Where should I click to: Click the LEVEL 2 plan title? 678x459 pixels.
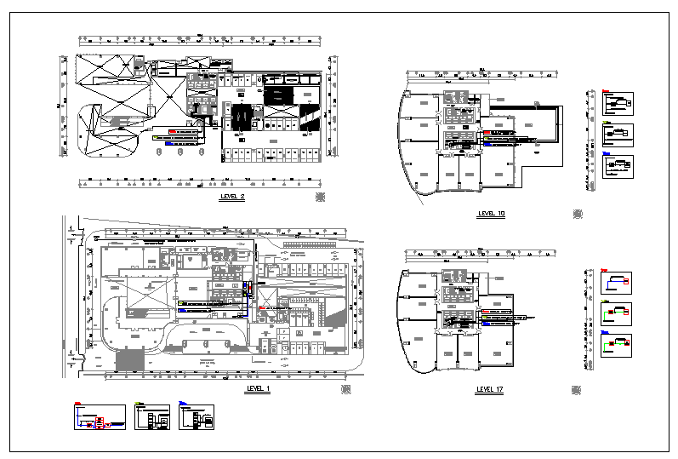pyautogui.click(x=232, y=197)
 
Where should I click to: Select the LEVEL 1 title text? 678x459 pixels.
pyautogui.click(x=257, y=388)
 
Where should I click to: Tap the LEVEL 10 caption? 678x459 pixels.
pyautogui.click(x=492, y=214)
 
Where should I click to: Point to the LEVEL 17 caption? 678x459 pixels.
pyautogui.click(x=492, y=389)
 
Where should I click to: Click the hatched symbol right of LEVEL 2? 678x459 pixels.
pyautogui.click(x=320, y=197)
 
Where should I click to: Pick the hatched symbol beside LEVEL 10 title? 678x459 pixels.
pyautogui.click(x=578, y=214)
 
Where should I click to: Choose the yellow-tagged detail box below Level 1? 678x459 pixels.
pyautogui.click(x=152, y=417)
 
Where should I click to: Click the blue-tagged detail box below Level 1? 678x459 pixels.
pyautogui.click(x=197, y=417)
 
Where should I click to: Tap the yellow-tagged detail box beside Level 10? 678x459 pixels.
pyautogui.click(x=618, y=135)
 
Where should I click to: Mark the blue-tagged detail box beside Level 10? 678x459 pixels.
pyautogui.click(x=618, y=165)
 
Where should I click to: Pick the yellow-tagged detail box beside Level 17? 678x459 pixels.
pyautogui.click(x=618, y=313)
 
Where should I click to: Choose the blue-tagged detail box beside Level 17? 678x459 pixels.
pyautogui.click(x=618, y=346)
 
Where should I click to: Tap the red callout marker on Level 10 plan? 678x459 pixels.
pyautogui.click(x=486, y=134)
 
